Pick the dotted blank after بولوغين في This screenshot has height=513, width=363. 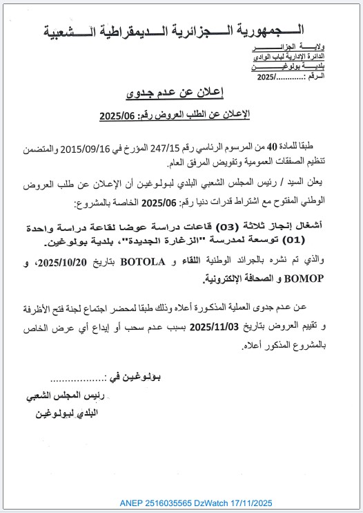(x=77, y=377)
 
